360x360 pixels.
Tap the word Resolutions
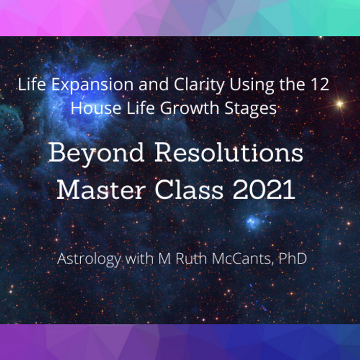point(229,153)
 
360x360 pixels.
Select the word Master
point(101,189)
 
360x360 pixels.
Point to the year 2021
point(264,189)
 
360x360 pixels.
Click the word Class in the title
point(189,189)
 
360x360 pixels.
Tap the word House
point(96,108)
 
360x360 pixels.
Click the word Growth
point(189,108)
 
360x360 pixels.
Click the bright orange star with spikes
point(340,104)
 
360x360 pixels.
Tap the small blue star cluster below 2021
point(253,222)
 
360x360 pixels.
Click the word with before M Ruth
point(139,258)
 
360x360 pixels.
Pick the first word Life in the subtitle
point(32,84)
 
